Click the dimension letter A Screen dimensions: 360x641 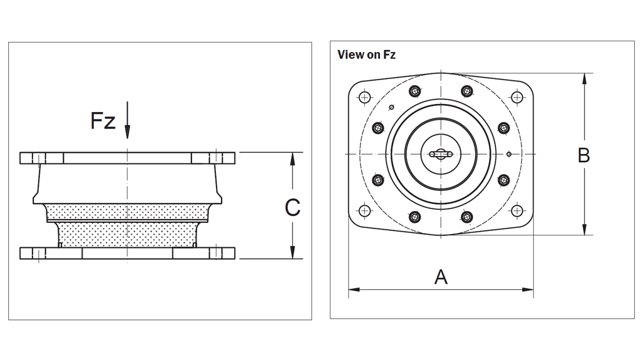pos(441,277)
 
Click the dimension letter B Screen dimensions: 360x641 pos(583,155)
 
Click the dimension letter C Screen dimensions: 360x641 pos(292,207)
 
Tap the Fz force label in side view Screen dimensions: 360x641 pos(103,121)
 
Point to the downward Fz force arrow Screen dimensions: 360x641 pos(127,122)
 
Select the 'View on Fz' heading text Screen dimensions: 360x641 pos(366,54)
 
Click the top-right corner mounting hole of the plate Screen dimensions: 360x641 pos(516,97)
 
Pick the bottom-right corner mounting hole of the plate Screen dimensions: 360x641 pos(516,210)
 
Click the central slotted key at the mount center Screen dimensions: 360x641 pos(441,154)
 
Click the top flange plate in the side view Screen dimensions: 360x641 pos(127,158)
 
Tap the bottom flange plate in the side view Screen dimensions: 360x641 pos(127,253)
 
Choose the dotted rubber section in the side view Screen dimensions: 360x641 pos(127,225)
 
